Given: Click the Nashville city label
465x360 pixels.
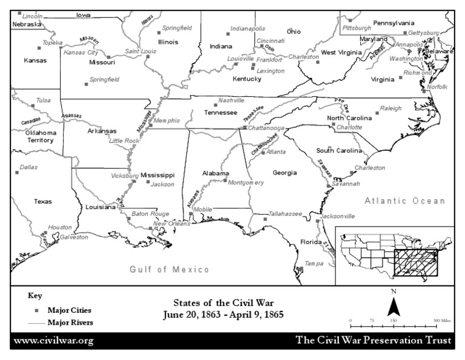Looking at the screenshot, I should pyautogui.click(x=231, y=100).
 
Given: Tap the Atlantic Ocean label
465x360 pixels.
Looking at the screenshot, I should pyautogui.click(x=404, y=201).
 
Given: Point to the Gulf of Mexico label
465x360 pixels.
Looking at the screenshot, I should pyautogui.click(x=170, y=269).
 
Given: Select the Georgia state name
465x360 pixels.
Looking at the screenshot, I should pyautogui.click(x=285, y=173).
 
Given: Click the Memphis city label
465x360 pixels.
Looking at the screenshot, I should pyautogui.click(x=167, y=121).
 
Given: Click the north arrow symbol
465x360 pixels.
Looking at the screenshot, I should pyautogui.click(x=394, y=303).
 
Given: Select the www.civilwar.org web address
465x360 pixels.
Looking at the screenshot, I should pyautogui.click(x=53, y=341).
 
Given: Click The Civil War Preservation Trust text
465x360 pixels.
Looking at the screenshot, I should pyautogui.click(x=373, y=341).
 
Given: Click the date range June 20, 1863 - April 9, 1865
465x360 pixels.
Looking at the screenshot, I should pyautogui.click(x=223, y=315).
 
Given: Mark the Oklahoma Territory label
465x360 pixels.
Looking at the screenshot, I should pyautogui.click(x=41, y=136).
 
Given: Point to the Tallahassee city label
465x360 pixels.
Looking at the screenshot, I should pyautogui.click(x=286, y=214).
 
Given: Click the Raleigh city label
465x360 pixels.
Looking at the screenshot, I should pyautogui.click(x=391, y=108).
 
